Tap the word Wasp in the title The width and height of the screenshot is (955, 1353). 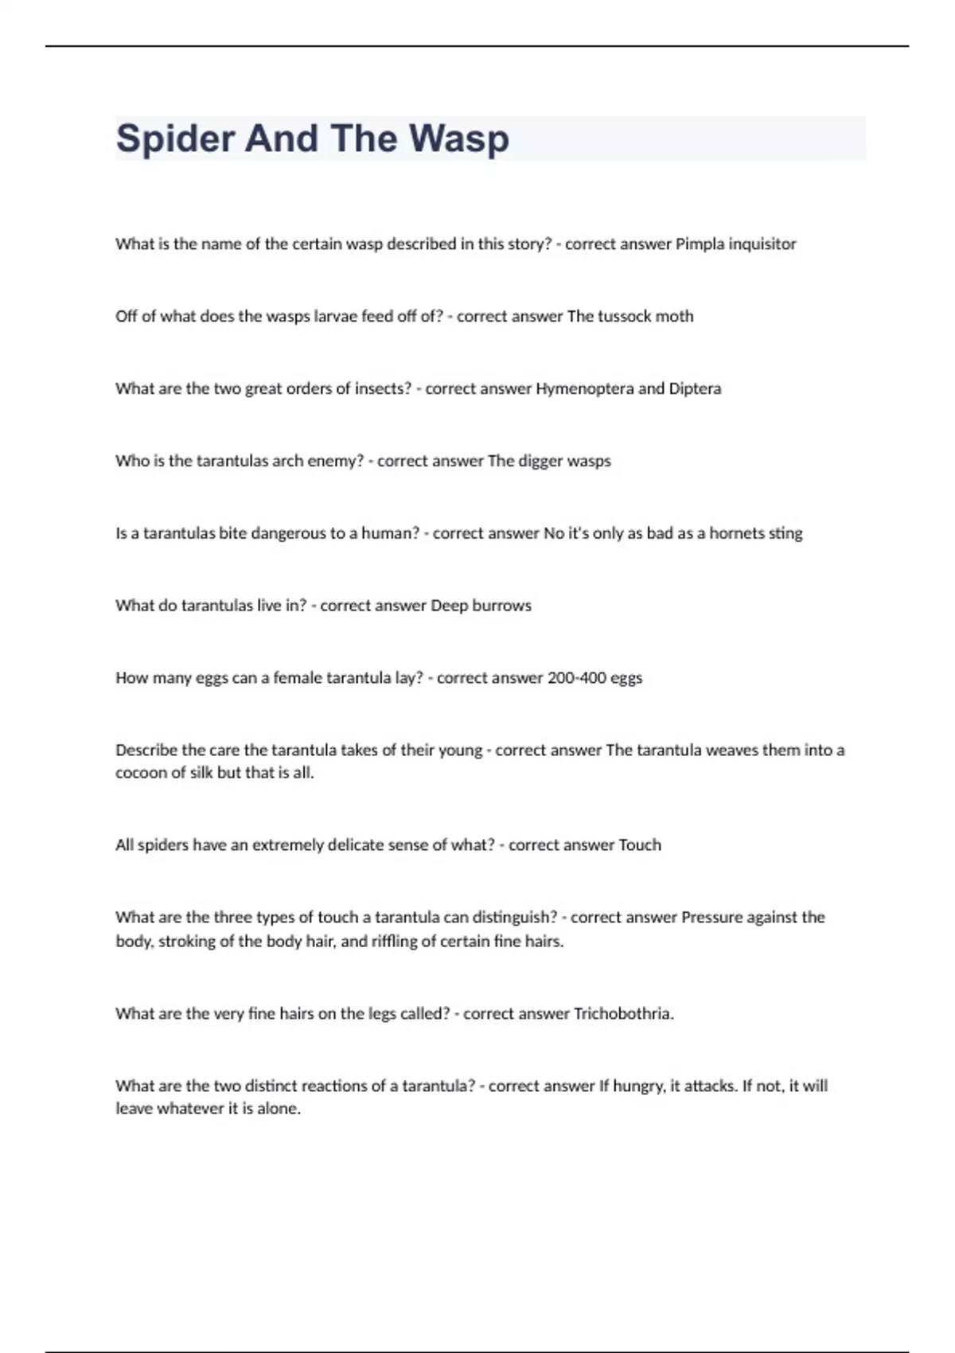coord(459,139)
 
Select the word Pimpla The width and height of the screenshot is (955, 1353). coord(700,244)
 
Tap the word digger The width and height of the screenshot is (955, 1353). coord(540,462)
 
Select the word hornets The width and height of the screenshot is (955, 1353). coord(736,533)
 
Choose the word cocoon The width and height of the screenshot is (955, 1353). coord(139,773)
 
